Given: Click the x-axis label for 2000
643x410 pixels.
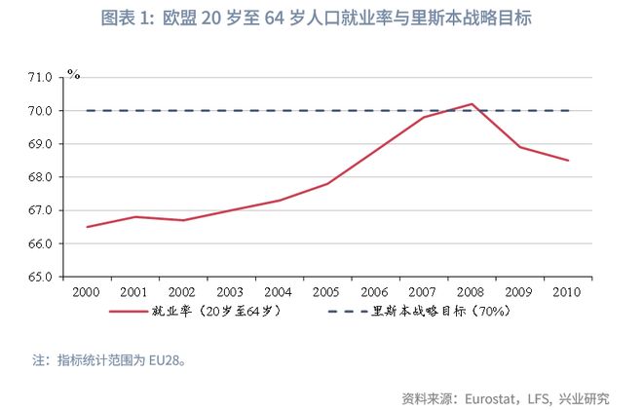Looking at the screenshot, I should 88,291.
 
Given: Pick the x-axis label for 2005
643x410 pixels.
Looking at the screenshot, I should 326,291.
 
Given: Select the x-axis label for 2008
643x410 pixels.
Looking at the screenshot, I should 472,291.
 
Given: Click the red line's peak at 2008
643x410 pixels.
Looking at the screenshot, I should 472,104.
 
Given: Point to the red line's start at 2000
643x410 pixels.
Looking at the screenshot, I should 88,227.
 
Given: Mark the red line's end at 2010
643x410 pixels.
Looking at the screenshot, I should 568,161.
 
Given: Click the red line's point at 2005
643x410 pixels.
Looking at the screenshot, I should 327,183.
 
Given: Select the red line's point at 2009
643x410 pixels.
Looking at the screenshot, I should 519,147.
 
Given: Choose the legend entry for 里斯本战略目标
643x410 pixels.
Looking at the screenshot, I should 439,312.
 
